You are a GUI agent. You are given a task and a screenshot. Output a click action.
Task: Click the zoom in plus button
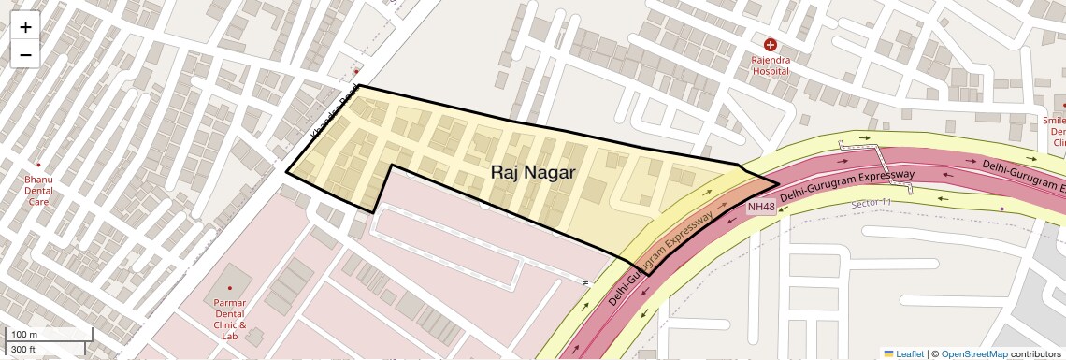pyautogui.click(x=25, y=27)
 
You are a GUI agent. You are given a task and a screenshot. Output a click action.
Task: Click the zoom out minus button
pyautogui.click(x=25, y=54)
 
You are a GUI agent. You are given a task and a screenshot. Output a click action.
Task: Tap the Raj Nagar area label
pyautogui.click(x=533, y=173)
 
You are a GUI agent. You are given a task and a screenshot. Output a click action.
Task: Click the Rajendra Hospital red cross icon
pyautogui.click(x=771, y=45)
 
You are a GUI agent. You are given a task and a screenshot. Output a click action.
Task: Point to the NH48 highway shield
pyautogui.click(x=761, y=207)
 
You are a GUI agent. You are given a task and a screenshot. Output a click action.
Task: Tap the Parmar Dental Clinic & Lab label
pyautogui.click(x=229, y=319)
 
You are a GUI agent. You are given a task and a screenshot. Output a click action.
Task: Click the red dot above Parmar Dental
pyautogui.click(x=229, y=287)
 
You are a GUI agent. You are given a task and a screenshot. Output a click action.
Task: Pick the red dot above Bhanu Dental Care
pyautogui.click(x=38, y=165)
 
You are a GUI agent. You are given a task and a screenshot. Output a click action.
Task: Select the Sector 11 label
pyautogui.click(x=872, y=203)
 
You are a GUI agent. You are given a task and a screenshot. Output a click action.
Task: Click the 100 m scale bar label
pyautogui.click(x=24, y=335)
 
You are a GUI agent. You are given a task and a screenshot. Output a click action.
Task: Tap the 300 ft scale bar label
pyautogui.click(x=24, y=350)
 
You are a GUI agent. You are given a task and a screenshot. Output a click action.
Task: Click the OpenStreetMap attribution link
pyautogui.click(x=974, y=353)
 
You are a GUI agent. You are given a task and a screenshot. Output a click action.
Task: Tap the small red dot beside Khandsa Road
pyautogui.click(x=356, y=71)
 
